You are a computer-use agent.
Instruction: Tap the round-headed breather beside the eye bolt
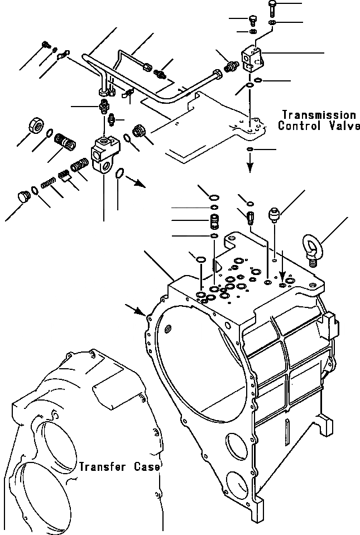[275, 214]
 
